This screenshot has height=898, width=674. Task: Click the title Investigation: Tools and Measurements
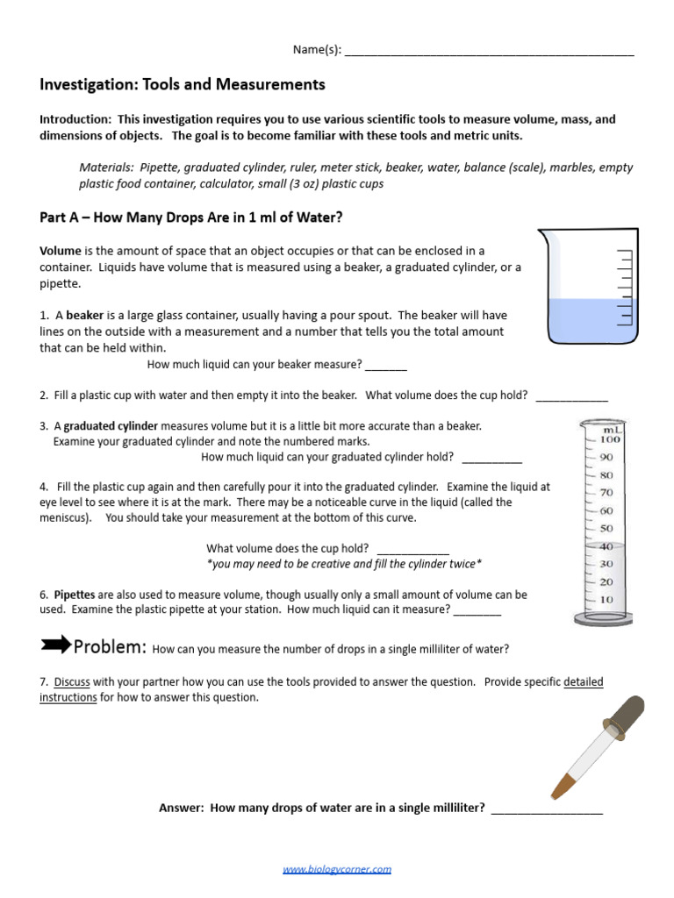(x=183, y=85)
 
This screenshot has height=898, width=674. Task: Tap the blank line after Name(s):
(x=489, y=52)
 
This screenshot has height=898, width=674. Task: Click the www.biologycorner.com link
(x=337, y=869)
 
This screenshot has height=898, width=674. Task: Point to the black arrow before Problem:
(x=55, y=645)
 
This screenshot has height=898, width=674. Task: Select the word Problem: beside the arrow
(x=110, y=647)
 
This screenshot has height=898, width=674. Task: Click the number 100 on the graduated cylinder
(x=610, y=439)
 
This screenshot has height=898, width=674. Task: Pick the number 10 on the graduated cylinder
(x=606, y=600)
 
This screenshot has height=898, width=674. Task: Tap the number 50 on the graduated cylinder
(x=606, y=529)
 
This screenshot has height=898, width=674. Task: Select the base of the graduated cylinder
(x=603, y=618)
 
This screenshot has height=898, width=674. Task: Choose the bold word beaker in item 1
(x=85, y=315)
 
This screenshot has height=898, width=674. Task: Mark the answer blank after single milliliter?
(x=547, y=809)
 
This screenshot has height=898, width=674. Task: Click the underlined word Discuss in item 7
(x=72, y=681)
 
